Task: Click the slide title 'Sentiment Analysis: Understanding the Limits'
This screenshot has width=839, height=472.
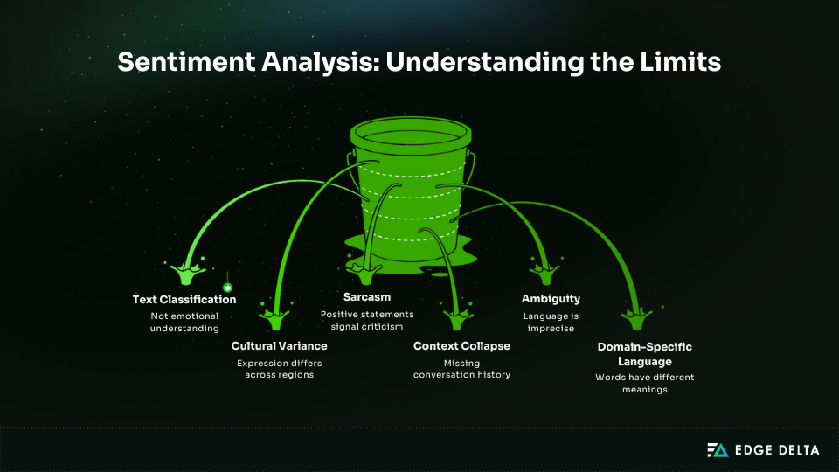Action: (419, 63)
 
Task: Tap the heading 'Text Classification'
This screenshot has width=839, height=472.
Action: (184, 299)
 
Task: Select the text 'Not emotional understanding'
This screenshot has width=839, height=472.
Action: (184, 322)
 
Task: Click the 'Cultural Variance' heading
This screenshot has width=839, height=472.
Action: (279, 346)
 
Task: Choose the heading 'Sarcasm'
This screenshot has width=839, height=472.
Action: (366, 297)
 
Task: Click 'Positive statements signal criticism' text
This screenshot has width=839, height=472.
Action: (366, 320)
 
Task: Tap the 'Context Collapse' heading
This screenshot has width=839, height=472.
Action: (461, 346)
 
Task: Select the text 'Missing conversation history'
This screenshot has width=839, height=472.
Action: (461, 369)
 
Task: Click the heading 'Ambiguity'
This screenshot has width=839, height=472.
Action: (551, 299)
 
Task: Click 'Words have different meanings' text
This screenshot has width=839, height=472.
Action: (643, 384)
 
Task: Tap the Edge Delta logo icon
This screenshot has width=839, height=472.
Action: (717, 450)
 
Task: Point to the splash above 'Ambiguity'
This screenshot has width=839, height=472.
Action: (546, 274)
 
